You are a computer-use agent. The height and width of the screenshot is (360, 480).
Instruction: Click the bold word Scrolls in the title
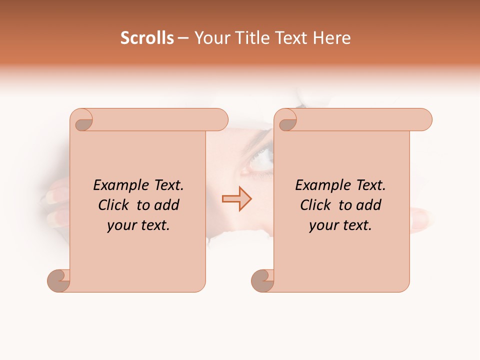click(147, 38)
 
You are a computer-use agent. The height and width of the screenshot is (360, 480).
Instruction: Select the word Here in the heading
click(331, 38)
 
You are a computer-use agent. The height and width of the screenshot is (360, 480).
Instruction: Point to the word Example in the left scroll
click(118, 185)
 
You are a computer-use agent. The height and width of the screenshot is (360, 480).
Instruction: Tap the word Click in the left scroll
click(113, 205)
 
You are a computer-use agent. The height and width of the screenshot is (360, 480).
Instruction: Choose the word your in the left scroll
click(119, 225)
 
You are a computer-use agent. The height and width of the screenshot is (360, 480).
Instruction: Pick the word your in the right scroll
click(321, 225)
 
